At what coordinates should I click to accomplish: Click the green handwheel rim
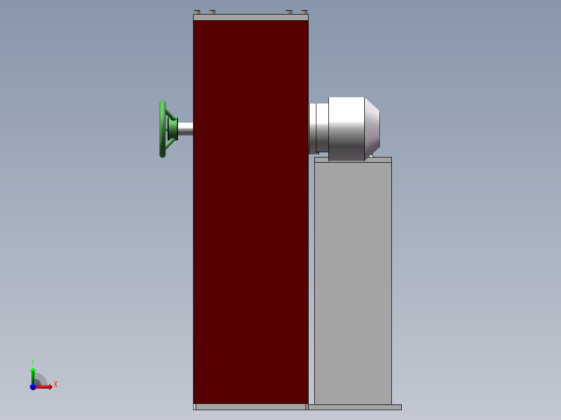click(x=162, y=129)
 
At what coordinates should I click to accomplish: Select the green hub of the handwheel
click(x=172, y=128)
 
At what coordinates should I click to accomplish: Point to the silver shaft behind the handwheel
click(x=186, y=129)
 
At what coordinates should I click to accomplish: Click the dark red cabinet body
click(x=250, y=208)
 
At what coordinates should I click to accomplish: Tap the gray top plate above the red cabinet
click(x=250, y=17)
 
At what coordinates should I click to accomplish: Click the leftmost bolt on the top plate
click(x=197, y=11)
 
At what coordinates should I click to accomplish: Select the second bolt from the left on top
click(x=212, y=11)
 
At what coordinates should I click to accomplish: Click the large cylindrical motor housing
click(x=347, y=127)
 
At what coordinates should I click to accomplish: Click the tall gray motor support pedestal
click(x=353, y=281)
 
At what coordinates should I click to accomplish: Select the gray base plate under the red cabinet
click(x=251, y=407)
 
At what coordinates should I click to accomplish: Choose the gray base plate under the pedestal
click(x=355, y=407)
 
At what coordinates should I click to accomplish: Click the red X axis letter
click(x=56, y=385)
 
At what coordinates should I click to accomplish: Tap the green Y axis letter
click(x=32, y=361)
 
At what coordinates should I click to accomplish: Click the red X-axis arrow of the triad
click(x=46, y=387)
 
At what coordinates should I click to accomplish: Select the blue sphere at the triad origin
click(x=33, y=387)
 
